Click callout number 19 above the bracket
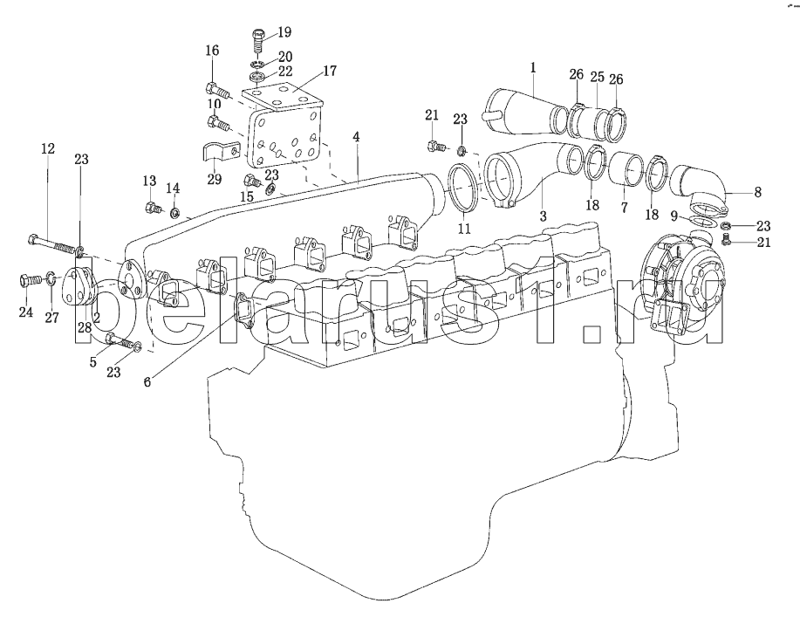tap(284, 32)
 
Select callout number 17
tap(330, 71)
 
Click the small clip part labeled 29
tap(219, 152)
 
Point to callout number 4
tap(356, 137)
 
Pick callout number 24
tap(26, 312)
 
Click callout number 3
tap(543, 216)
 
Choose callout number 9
tap(674, 217)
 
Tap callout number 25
tap(597, 77)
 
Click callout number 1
tap(533, 67)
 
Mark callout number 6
tap(147, 381)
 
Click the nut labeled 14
tap(174, 212)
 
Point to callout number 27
tap(51, 318)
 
